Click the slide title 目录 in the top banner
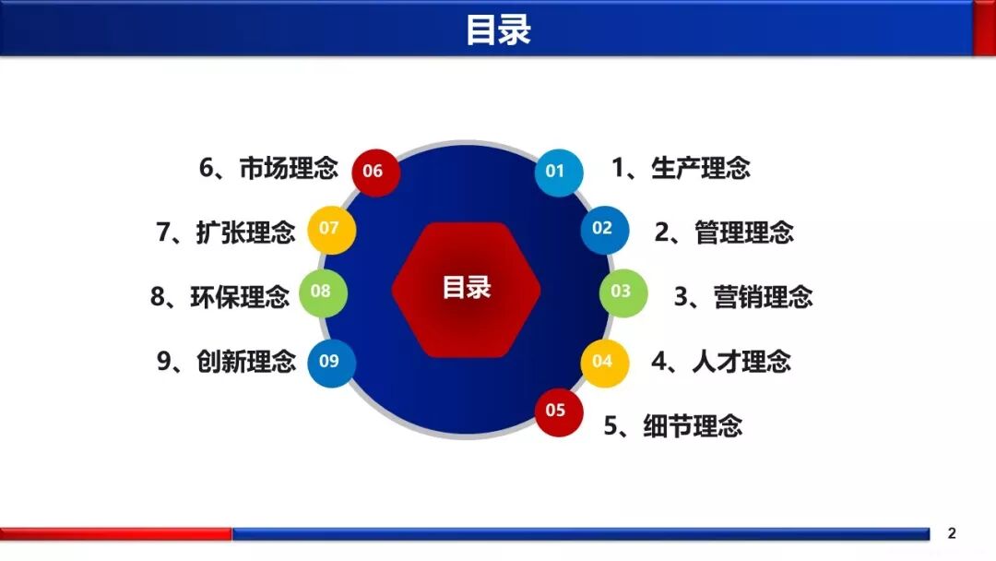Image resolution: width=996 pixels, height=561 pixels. pos(498,30)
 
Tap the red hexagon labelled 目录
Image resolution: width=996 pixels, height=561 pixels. pos(466,289)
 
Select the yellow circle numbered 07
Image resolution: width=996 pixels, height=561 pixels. pos(331,228)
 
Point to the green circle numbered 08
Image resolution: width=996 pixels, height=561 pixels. pos(322,292)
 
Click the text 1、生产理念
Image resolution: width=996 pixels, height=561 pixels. pos(681,168)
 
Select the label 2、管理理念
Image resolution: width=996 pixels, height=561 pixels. pos(724,231)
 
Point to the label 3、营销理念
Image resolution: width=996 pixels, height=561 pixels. pos(743,296)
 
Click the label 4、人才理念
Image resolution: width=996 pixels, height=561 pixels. pos(721,361)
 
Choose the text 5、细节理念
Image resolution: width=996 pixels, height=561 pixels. pos(673,425)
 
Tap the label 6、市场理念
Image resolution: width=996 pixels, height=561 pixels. pos(268,168)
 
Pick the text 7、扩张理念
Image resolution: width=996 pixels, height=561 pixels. pos(226,232)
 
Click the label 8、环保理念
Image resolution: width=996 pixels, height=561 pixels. pos(219,296)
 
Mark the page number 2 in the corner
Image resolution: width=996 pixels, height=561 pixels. pos(952,533)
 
